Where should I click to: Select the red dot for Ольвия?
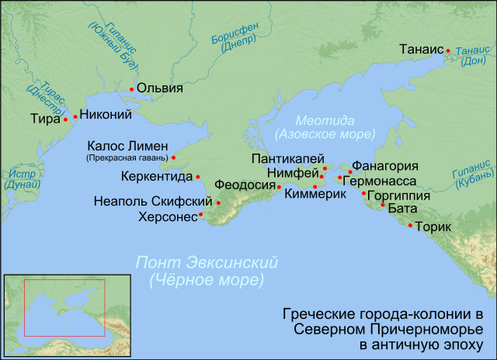pos(132,90)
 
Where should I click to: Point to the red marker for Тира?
pos(65,120)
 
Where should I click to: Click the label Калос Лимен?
pos(127,145)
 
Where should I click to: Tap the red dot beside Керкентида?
pos(199,177)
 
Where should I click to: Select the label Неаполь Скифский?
pos(152,202)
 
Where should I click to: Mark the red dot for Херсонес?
pos(201,214)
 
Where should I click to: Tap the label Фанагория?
pos(386,166)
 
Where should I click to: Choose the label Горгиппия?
pos(398,196)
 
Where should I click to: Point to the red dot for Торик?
pos(411,225)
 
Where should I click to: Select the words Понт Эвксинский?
pos(207,262)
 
